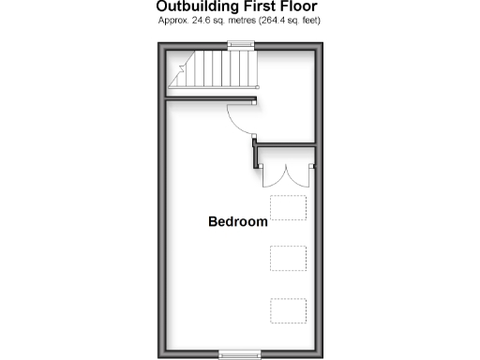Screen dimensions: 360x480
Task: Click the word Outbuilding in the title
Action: pyautogui.click(x=193, y=7)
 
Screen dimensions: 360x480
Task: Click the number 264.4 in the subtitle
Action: pyautogui.click(x=265, y=20)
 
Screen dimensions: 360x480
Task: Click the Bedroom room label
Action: pyautogui.click(x=238, y=223)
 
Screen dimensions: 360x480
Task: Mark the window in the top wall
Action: pyautogui.click(x=241, y=43)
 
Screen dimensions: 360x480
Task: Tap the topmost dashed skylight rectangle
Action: pyautogui.click(x=289, y=207)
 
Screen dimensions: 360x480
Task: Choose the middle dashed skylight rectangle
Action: pyautogui.click(x=289, y=258)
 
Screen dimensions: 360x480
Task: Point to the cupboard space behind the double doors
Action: pyautogui.click(x=287, y=155)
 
